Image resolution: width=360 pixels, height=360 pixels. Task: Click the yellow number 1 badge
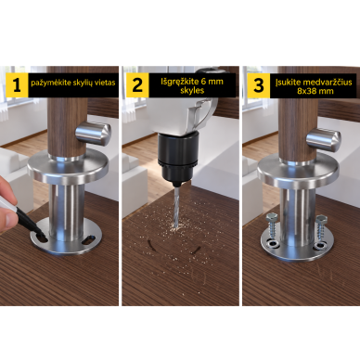point(17,84)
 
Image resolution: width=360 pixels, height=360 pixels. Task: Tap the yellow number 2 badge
point(137,84)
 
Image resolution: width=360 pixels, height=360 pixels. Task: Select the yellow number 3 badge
point(259,84)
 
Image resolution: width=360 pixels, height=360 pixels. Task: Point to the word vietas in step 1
point(106,83)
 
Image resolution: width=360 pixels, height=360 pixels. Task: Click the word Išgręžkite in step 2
point(178,82)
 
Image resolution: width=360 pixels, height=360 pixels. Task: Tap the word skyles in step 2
point(192,91)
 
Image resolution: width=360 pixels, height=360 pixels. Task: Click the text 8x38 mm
point(315,91)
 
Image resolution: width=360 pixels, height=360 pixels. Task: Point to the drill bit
point(176,208)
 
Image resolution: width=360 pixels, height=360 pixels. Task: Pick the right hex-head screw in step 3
point(319,229)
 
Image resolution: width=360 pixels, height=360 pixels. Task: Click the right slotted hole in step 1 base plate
point(89,238)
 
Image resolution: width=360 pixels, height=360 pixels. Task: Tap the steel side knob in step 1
point(94,134)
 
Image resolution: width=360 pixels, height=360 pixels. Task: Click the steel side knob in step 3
point(324,139)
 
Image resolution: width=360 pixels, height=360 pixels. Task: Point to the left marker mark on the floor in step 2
point(151,246)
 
